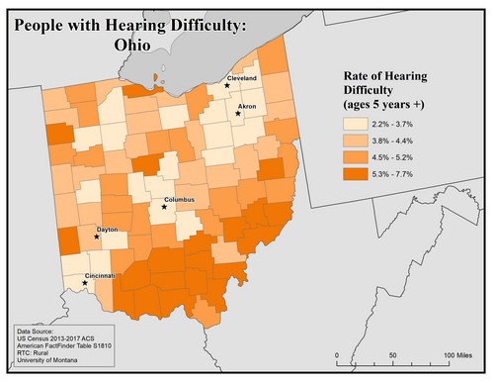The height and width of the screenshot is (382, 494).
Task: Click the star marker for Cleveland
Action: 227,86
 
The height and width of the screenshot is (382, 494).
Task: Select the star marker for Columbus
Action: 165,208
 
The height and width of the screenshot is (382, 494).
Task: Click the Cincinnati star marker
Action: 84,283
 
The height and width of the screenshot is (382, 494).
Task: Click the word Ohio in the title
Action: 125,46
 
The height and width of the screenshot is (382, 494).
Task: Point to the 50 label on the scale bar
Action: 393,353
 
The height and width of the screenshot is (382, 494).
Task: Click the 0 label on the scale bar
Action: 337,353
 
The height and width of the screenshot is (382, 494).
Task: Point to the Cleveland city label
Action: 242,76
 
